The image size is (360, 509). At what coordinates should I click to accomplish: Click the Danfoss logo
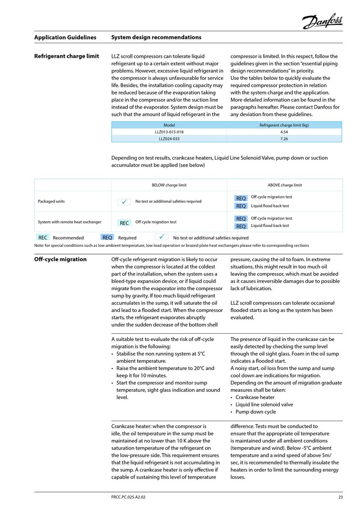point(322,21)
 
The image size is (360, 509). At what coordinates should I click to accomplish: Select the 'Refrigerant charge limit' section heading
point(66,57)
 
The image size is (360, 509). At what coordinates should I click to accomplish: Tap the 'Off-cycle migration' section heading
point(60,260)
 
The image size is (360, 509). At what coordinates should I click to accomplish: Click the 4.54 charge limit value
point(284,132)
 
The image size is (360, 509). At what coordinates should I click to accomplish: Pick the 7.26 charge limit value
point(284,139)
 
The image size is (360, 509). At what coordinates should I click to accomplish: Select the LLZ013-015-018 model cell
point(169,132)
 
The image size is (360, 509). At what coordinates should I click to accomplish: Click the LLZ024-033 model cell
point(169,139)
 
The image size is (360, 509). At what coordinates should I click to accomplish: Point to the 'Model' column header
point(169,125)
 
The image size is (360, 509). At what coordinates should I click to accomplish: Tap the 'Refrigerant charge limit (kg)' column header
point(284,125)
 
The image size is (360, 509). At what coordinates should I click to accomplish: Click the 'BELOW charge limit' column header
point(169,185)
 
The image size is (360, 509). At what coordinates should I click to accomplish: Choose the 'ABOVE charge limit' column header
point(284,185)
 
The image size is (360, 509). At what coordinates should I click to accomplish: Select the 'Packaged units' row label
point(51,201)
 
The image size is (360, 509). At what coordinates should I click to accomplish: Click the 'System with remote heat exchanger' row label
point(69,222)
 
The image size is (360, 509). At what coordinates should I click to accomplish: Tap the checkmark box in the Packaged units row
point(124,202)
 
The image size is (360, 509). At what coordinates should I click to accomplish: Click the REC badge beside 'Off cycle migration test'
point(124,222)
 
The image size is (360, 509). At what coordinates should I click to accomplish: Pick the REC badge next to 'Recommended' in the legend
point(43,237)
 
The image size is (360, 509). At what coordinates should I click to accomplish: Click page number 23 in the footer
point(340,497)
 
